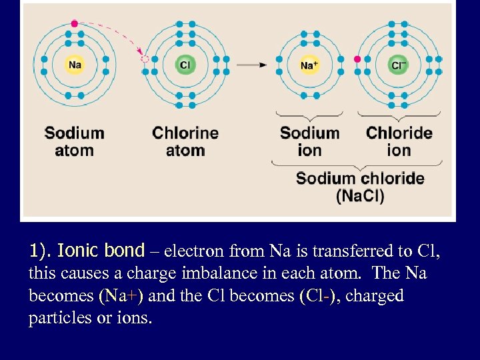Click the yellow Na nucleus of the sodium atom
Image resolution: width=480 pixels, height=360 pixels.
[x=75, y=65]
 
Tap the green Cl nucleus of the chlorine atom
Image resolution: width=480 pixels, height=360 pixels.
[x=185, y=65]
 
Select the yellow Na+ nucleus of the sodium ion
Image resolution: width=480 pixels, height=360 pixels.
[x=309, y=65]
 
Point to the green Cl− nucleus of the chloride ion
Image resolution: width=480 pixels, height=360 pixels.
[x=398, y=65]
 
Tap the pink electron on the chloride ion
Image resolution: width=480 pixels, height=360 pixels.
[x=358, y=59]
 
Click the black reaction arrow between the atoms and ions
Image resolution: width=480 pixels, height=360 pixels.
[x=251, y=65]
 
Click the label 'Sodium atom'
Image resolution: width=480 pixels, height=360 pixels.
[x=74, y=141]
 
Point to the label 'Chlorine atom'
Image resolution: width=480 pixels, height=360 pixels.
[x=185, y=141]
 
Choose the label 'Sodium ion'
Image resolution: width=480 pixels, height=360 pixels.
[x=309, y=141]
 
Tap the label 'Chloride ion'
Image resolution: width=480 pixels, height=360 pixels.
[x=399, y=141]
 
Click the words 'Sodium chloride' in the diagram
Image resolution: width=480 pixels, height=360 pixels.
[x=360, y=179]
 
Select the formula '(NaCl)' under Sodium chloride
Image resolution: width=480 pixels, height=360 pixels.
[x=360, y=196]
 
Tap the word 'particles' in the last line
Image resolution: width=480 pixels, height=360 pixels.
[x=57, y=319]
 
